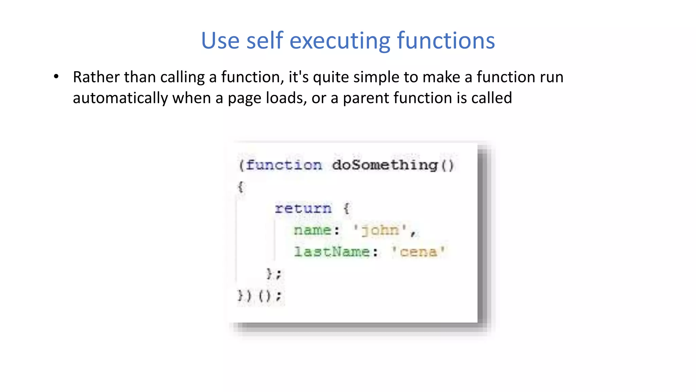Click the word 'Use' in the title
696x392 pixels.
(220, 41)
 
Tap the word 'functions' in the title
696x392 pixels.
(446, 41)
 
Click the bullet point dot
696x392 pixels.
(56, 77)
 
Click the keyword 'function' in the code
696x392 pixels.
(284, 165)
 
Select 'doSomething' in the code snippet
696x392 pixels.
(385, 165)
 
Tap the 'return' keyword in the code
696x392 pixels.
(303, 208)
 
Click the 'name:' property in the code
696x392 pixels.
(316, 230)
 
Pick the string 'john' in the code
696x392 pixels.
(380, 231)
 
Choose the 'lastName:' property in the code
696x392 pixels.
(336, 252)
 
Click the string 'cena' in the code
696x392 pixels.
(418, 252)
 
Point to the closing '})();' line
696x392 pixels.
(260, 295)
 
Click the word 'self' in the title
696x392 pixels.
(265, 41)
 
